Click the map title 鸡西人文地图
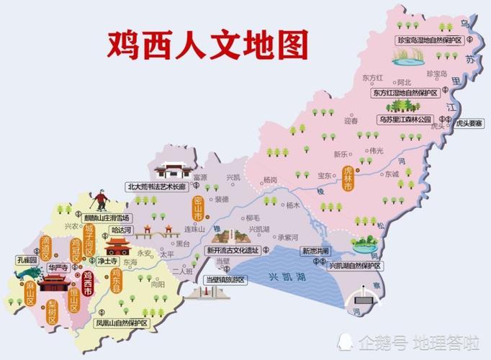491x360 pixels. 207,44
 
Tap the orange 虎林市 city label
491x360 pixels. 348,177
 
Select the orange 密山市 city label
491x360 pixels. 198,207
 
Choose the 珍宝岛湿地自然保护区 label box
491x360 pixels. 428,40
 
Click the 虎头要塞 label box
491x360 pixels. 467,124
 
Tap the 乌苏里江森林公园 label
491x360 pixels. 405,119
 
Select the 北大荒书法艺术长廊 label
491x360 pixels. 156,186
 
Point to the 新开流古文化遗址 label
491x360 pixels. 233,251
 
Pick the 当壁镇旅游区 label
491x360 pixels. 224,279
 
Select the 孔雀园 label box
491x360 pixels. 28,259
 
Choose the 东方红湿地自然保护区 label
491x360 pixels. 405,93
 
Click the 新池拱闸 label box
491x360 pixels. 315,251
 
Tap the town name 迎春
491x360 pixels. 351,122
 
